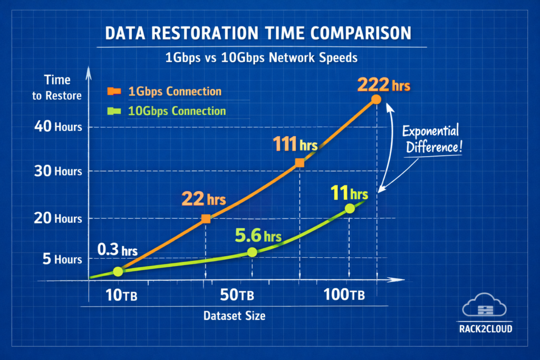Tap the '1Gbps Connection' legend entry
(x=175, y=91)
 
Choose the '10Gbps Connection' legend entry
(x=176, y=111)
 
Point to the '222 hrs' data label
(x=383, y=85)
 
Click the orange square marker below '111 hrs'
(x=300, y=163)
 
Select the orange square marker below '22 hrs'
(x=206, y=219)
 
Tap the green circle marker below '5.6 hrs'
(x=252, y=252)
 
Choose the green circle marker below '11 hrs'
(x=349, y=209)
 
